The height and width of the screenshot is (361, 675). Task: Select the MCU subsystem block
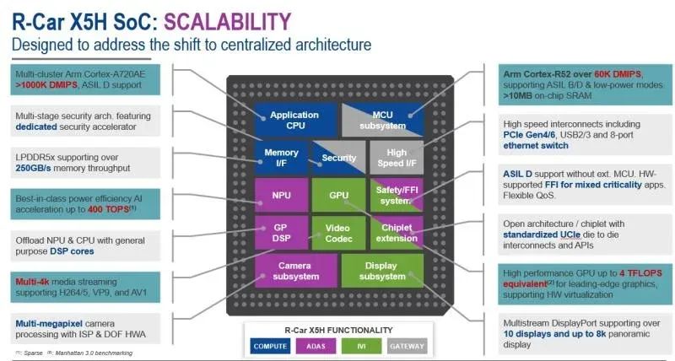tap(395, 120)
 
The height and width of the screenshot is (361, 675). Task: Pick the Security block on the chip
tap(338, 158)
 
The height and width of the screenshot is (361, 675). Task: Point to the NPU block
tap(281, 195)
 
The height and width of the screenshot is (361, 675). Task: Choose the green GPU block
tap(338, 195)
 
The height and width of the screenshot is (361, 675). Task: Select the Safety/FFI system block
tap(395, 195)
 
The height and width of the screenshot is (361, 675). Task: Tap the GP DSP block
tap(281, 233)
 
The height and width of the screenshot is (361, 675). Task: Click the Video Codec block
tap(338, 233)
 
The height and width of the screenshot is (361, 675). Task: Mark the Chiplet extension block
tap(395, 233)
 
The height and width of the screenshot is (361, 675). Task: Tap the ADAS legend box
tap(317, 345)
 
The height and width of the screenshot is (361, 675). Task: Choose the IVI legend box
tap(361, 345)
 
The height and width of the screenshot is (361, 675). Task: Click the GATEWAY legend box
tap(406, 345)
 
